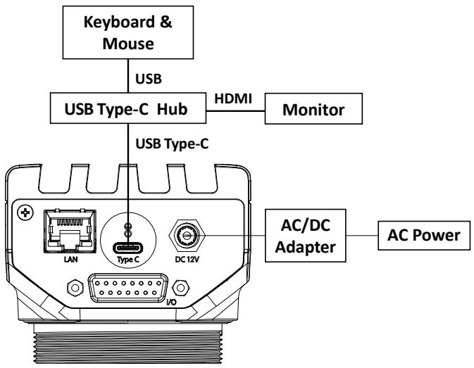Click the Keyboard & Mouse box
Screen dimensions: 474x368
click(x=128, y=32)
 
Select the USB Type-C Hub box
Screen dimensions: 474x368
click(x=128, y=108)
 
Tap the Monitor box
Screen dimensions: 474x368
click(x=313, y=108)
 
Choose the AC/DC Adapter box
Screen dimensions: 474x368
click(x=306, y=236)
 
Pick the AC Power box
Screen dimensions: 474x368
click(x=424, y=236)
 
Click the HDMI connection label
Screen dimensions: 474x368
click(x=233, y=99)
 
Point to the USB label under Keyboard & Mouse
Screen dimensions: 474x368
click(x=149, y=79)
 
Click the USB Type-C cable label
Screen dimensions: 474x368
click(x=172, y=144)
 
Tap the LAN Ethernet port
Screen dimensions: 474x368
click(x=70, y=231)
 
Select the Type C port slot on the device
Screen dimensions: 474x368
click(x=128, y=248)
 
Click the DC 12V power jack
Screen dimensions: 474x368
click(x=187, y=236)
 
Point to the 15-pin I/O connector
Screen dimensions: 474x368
click(x=128, y=288)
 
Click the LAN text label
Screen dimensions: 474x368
click(x=70, y=260)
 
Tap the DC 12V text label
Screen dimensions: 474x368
click(x=187, y=260)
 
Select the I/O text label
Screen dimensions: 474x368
click(x=171, y=302)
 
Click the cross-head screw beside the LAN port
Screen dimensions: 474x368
click(x=25, y=212)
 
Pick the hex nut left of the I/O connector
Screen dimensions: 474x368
click(x=75, y=288)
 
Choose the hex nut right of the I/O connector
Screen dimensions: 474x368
click(x=181, y=288)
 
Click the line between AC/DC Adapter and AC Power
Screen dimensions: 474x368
click(x=362, y=236)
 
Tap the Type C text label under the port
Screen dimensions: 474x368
click(x=128, y=260)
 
